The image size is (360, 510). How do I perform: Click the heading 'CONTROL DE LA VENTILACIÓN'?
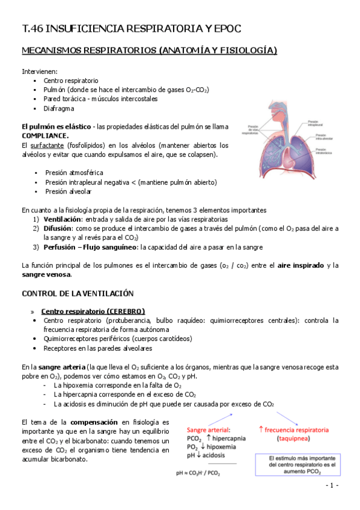[x=78, y=293]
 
